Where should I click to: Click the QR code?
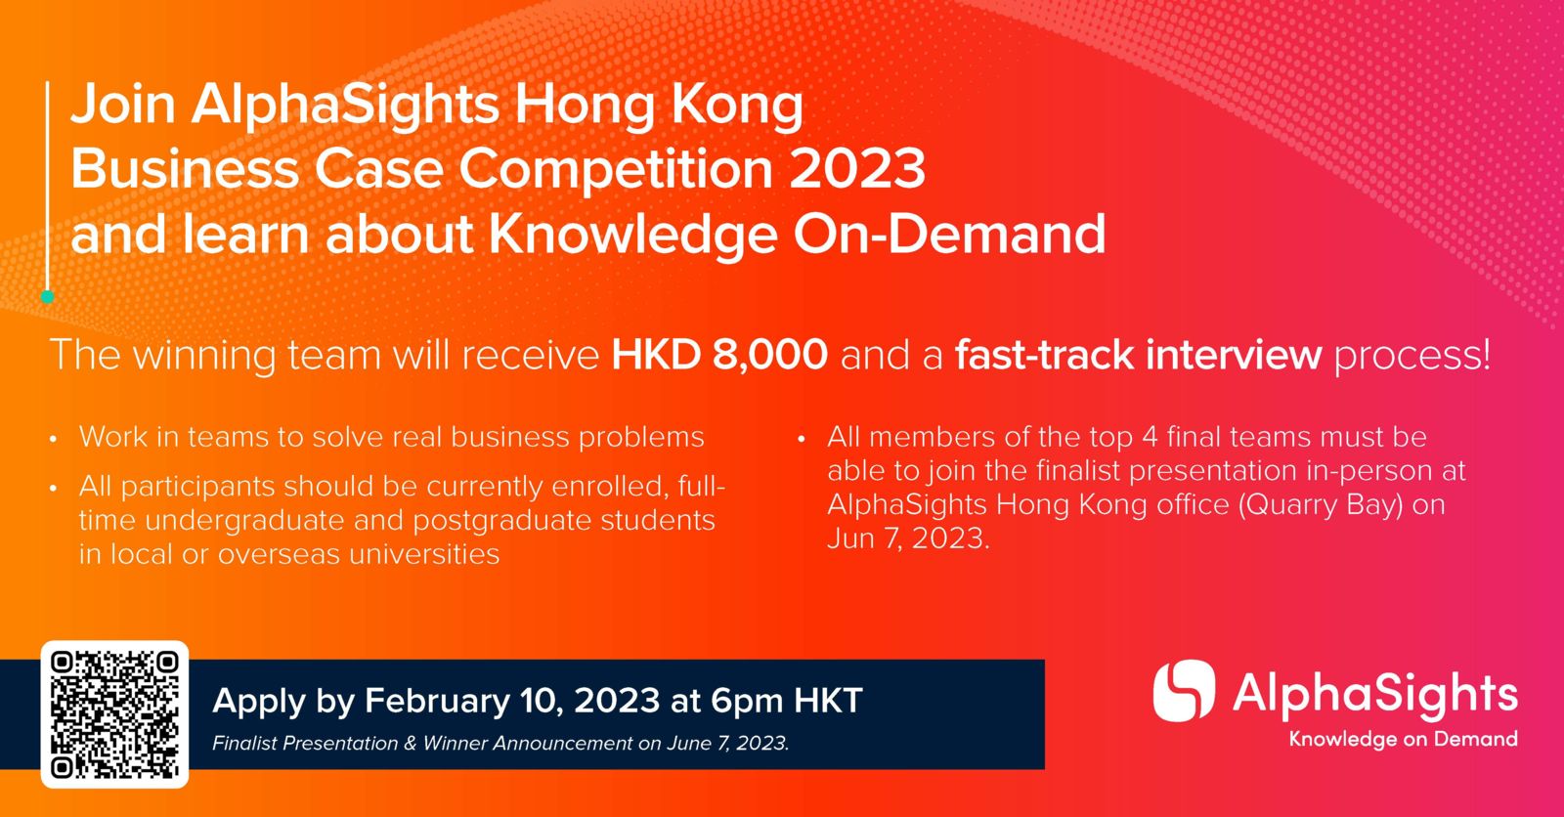114,714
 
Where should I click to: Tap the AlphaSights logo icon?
1184,691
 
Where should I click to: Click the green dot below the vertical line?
47,297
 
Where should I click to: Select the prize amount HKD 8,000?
719,355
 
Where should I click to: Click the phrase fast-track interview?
1138,355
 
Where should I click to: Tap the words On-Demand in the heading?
949,234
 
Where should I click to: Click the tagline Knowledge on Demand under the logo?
1404,740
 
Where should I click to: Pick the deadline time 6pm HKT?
787,701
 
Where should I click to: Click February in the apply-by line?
437,701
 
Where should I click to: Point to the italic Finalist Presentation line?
500,743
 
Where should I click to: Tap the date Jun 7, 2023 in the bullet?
908,538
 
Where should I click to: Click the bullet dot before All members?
802,440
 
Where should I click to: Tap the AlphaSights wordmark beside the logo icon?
1374,695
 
